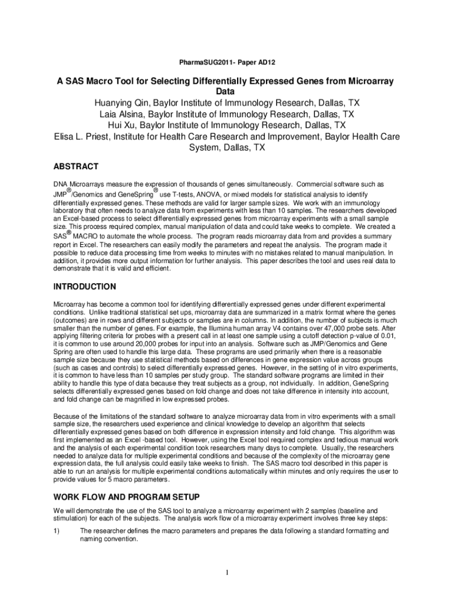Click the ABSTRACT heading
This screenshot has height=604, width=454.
[x=75, y=167]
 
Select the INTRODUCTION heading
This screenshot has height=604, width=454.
[x=84, y=287]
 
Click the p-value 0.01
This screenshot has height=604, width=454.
[x=387, y=335]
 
